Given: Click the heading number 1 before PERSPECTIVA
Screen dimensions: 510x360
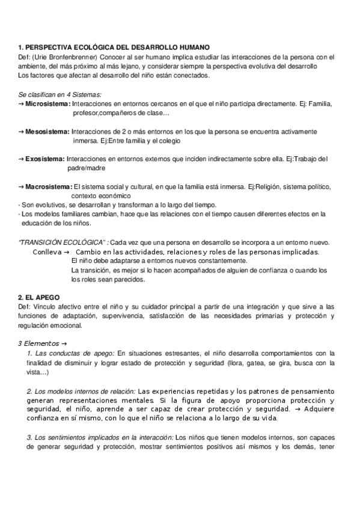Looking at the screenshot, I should click(20, 46).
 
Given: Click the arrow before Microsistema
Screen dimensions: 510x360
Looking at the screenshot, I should click(22, 104).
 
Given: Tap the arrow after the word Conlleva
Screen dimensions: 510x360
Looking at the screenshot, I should click(66, 252).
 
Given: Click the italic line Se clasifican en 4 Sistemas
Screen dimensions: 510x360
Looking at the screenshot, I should click(60, 95).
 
